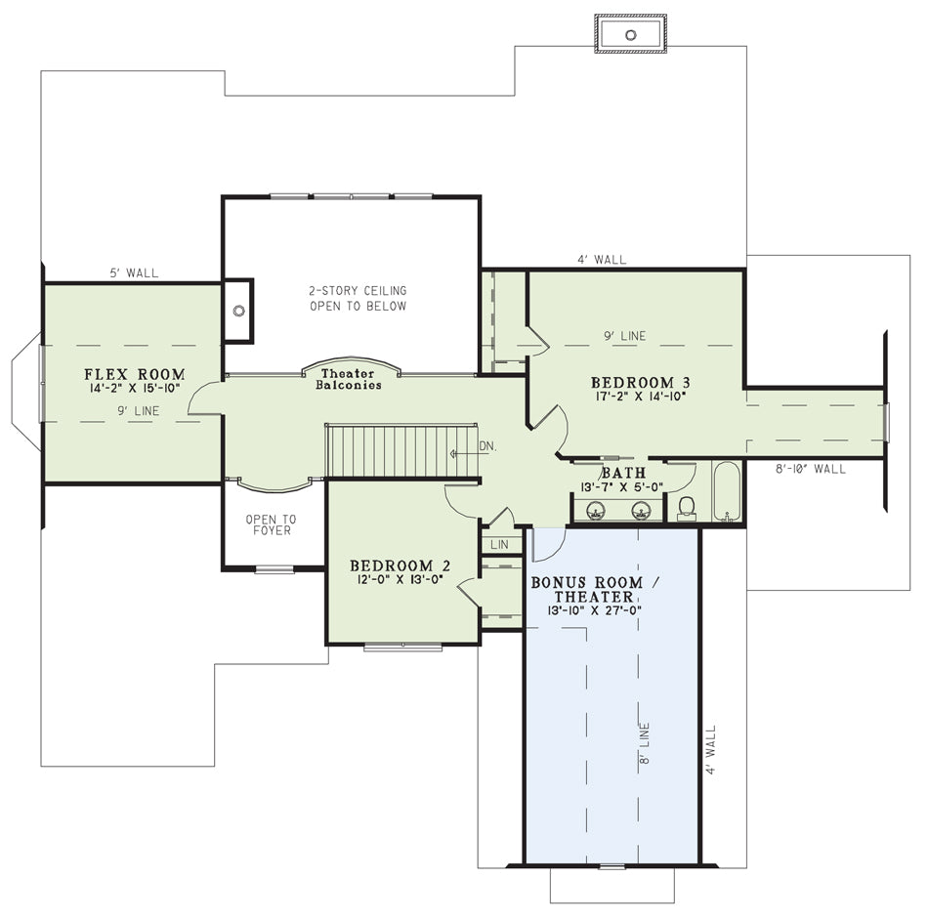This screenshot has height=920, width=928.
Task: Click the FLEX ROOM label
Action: (135, 374)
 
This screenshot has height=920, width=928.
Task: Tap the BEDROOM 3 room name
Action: (641, 382)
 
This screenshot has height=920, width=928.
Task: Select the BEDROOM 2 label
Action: (401, 566)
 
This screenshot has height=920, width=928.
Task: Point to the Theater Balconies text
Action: (348, 379)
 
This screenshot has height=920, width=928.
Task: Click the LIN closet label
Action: (499, 544)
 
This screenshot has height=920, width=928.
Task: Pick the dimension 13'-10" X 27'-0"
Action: (594, 610)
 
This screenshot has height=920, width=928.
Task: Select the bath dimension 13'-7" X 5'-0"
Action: (621, 487)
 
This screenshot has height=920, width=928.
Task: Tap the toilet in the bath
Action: (686, 508)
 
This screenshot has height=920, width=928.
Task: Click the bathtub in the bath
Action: (727, 491)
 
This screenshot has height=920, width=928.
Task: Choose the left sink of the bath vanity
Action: (596, 510)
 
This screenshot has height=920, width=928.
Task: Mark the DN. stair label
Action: (487, 446)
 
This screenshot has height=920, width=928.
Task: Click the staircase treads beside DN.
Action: (401, 450)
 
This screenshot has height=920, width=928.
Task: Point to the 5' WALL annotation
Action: (135, 272)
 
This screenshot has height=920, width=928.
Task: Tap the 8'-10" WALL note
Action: (810, 469)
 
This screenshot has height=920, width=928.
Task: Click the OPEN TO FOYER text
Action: (271, 524)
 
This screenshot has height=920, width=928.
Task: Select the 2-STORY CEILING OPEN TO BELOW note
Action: (359, 298)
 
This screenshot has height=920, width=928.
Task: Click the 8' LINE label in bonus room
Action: (644, 743)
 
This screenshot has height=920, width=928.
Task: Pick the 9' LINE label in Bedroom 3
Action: (625, 336)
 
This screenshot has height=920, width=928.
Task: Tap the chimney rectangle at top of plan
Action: (631, 34)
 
